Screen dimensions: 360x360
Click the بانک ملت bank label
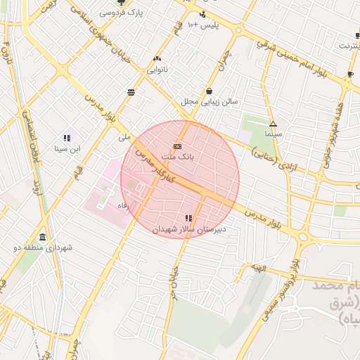(176, 157)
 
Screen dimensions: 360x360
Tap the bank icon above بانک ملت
(176, 146)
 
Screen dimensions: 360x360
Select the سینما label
(273, 133)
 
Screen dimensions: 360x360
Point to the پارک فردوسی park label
(120, 13)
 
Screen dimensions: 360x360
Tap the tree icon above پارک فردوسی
(120, 3)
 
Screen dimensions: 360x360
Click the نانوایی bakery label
(156, 70)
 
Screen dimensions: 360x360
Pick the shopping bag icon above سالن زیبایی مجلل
(210, 91)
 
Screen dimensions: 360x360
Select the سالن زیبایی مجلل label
(210, 101)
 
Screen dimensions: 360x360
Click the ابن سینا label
(67, 148)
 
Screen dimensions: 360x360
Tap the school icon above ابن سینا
(67, 139)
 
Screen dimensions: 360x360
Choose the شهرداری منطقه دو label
(44, 247)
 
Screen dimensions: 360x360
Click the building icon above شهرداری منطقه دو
(44, 237)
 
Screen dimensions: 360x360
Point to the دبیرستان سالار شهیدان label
(190, 229)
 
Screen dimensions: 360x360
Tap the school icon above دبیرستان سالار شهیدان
(188, 219)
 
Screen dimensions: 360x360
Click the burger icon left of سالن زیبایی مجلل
(131, 92)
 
